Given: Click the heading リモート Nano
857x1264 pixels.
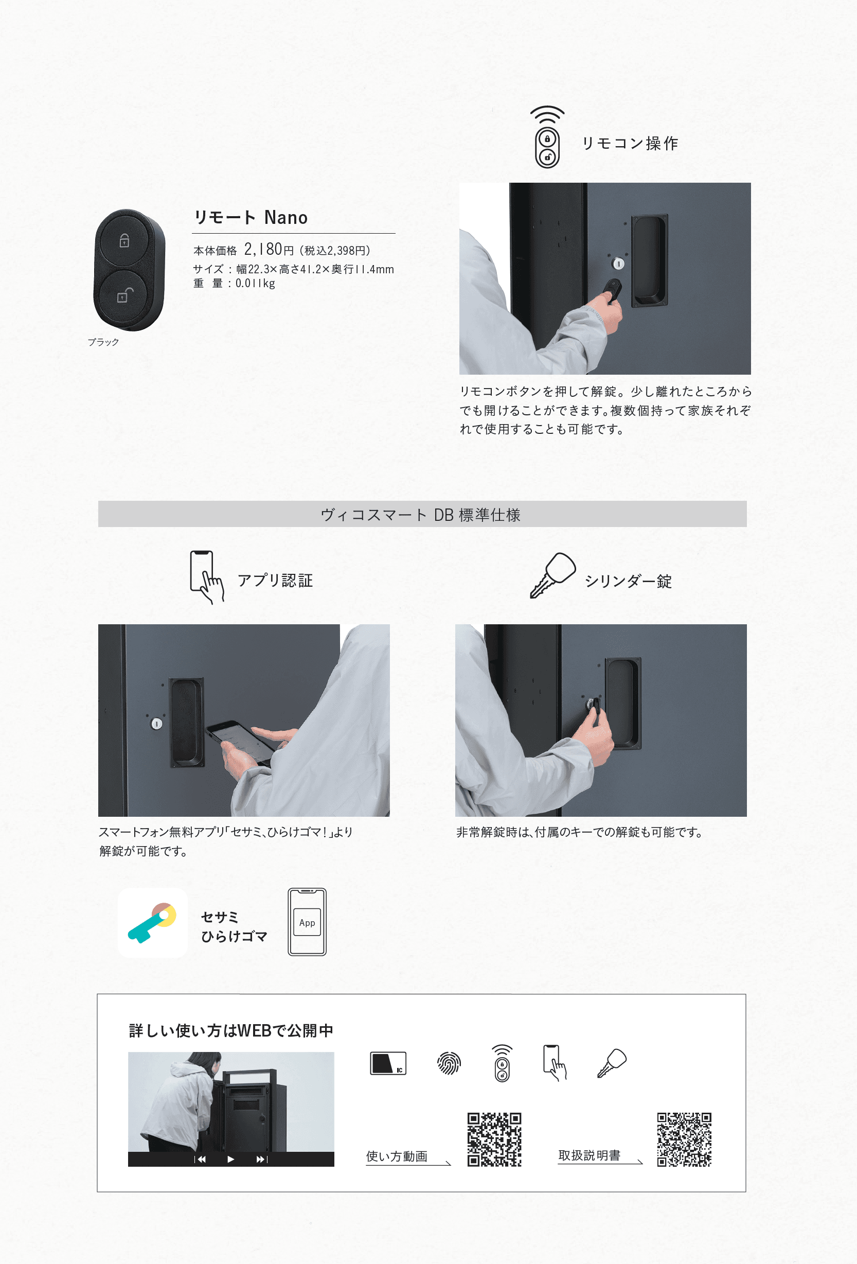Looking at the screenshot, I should click(251, 218).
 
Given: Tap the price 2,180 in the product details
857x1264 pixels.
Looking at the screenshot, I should click(263, 249).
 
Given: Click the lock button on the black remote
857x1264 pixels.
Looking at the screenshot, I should click(124, 240).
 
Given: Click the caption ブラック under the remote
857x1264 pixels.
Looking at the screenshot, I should click(103, 342).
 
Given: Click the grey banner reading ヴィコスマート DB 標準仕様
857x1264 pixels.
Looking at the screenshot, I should click(422, 514).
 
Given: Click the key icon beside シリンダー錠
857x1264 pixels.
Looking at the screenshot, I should click(553, 575).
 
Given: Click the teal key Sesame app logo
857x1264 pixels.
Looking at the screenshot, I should click(152, 923).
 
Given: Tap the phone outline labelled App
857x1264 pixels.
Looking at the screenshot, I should click(307, 922).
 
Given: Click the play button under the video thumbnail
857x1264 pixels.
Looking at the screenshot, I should click(230, 1159).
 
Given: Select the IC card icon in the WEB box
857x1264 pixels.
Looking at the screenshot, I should click(388, 1063).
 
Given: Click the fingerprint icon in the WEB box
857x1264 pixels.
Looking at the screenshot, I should click(449, 1063).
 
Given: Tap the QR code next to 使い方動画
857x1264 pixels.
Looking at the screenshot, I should click(494, 1139).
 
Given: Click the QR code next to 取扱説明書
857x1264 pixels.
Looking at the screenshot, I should click(684, 1139).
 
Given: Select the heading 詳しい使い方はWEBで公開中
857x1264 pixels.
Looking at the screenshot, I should click(231, 1031).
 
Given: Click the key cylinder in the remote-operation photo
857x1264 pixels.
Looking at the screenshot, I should click(618, 264).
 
